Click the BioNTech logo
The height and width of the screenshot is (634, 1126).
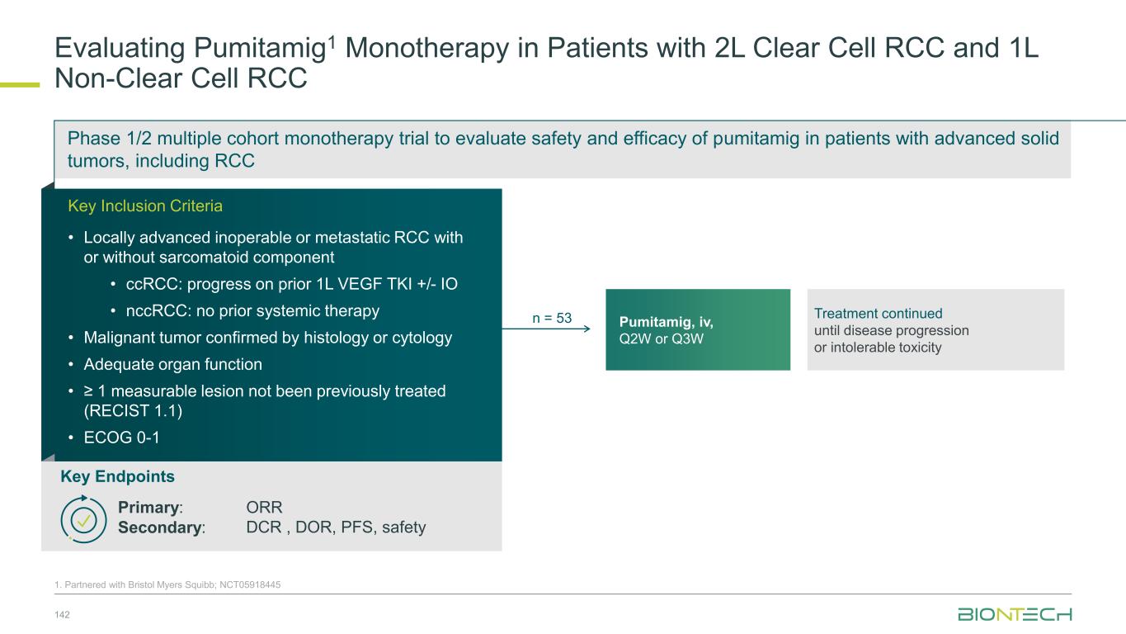[1014, 614]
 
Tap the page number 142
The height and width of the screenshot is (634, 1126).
[62, 613]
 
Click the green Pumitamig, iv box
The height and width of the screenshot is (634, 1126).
[697, 329]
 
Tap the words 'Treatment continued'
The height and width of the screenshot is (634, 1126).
[878, 314]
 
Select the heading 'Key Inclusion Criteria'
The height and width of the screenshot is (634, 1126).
[144, 206]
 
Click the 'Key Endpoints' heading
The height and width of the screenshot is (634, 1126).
[117, 476]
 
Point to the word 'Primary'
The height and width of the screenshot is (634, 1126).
[148, 507]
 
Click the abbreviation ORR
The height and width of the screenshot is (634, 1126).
[264, 507]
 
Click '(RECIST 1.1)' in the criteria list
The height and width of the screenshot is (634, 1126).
[132, 411]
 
